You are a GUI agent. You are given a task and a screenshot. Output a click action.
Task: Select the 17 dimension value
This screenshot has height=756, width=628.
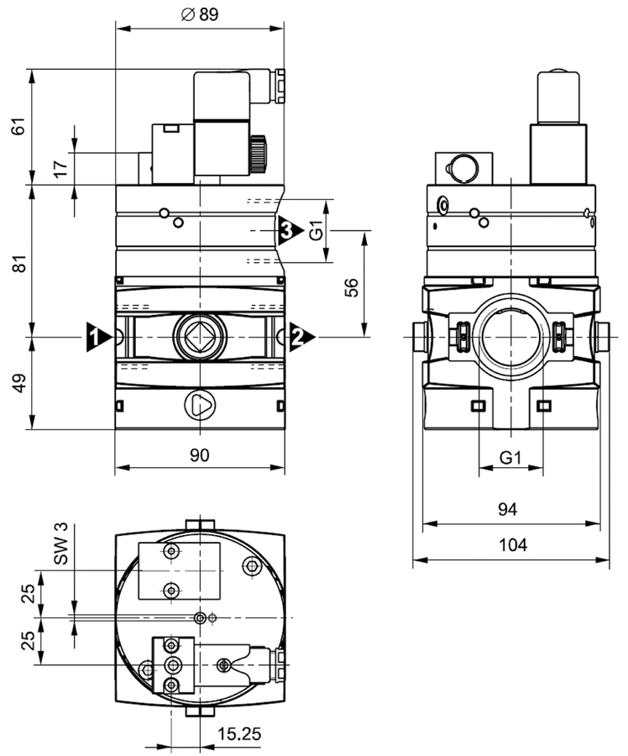(x=60, y=168)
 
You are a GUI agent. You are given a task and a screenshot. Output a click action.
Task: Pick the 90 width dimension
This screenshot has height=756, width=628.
(x=199, y=454)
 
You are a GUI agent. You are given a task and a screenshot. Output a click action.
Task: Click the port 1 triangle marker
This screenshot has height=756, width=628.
(x=97, y=337)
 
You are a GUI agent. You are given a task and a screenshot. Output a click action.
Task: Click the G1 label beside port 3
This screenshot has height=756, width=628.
(x=316, y=230)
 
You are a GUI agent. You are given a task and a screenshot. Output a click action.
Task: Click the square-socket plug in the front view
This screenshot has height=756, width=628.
(x=199, y=339)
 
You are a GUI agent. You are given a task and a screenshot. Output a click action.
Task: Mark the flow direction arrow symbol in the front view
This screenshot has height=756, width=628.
(x=200, y=406)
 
